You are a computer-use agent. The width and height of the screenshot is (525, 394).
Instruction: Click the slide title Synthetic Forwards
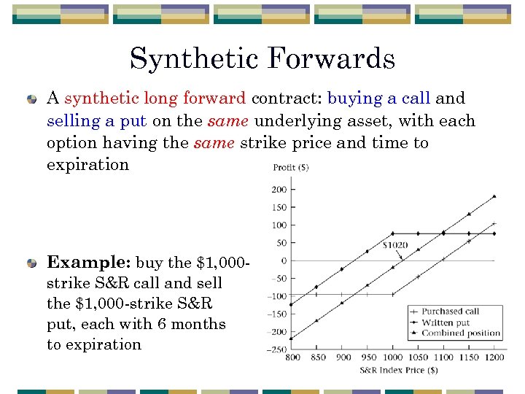(262, 59)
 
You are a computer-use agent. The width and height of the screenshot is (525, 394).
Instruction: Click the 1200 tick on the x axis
(495, 358)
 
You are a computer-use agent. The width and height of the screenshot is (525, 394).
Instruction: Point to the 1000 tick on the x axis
(393, 358)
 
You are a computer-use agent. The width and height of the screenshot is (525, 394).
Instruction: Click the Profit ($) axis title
(290, 168)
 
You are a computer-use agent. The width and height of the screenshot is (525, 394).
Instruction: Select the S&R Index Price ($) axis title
(398, 371)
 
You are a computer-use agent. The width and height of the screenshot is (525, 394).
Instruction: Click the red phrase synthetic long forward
(155, 98)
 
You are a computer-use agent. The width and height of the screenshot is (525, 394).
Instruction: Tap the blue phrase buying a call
(378, 98)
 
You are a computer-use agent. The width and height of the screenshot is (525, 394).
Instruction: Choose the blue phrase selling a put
(96, 120)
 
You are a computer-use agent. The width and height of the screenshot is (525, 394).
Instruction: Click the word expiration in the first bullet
(87, 164)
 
